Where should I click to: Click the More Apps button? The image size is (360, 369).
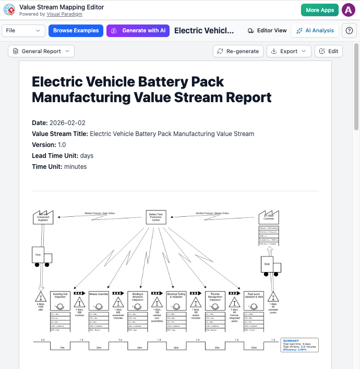click(x=319, y=10)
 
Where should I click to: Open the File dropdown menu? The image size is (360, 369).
click(x=24, y=31)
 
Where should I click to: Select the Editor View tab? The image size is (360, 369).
click(x=267, y=31)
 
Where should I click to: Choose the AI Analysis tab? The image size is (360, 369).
click(x=315, y=31)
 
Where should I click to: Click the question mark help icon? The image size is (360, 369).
click(x=349, y=31)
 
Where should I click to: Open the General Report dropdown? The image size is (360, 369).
click(x=41, y=51)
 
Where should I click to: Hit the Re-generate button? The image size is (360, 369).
click(x=238, y=51)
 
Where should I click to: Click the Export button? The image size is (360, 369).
click(x=289, y=51)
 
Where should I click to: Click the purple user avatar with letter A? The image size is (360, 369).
click(x=348, y=10)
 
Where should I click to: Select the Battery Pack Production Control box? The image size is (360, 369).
click(x=156, y=217)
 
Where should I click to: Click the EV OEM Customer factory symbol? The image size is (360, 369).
click(x=269, y=217)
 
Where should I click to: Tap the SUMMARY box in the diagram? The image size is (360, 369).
click(x=299, y=345)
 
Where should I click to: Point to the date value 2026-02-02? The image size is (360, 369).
click(x=67, y=123)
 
